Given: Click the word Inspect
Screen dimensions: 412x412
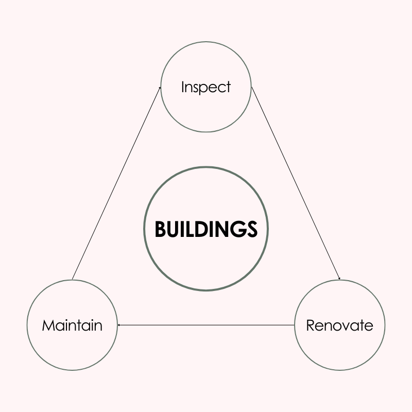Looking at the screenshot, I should point(206,87).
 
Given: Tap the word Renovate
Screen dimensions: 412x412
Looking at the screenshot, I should point(339,325).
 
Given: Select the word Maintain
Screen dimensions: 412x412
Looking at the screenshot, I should point(72,325).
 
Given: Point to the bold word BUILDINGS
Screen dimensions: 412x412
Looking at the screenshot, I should point(206,229).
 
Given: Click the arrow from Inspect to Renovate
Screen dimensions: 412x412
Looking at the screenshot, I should point(296,183).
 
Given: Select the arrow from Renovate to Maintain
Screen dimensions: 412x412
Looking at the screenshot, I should point(206,325).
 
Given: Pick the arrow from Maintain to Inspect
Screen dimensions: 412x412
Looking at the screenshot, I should point(116,183).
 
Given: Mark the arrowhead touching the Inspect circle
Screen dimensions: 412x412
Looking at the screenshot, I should point(160,89).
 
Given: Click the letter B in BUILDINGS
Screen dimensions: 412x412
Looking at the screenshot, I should point(160,229).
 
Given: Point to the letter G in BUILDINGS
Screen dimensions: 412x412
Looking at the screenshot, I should point(235,229).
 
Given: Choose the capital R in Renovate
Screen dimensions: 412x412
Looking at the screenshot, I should point(310,325).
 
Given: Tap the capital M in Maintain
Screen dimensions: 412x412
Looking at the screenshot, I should point(47,325).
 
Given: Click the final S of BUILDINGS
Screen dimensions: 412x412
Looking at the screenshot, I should point(251,229).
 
